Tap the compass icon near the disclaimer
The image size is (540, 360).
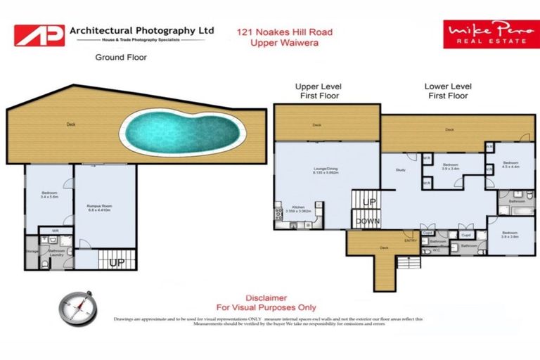pos(77,307)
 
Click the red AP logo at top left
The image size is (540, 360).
pos(39,35)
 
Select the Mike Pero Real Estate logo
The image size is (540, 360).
pos(491,34)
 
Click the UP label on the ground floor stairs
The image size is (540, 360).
pos(117,262)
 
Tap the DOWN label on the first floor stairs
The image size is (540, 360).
pos(367,221)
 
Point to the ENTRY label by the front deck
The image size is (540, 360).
pos(411,241)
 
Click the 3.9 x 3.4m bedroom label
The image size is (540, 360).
pos(451,167)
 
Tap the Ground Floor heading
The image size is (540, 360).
pos(121,58)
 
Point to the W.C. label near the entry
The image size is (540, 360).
pos(436,249)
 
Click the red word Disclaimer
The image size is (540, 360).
pos(266,297)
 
